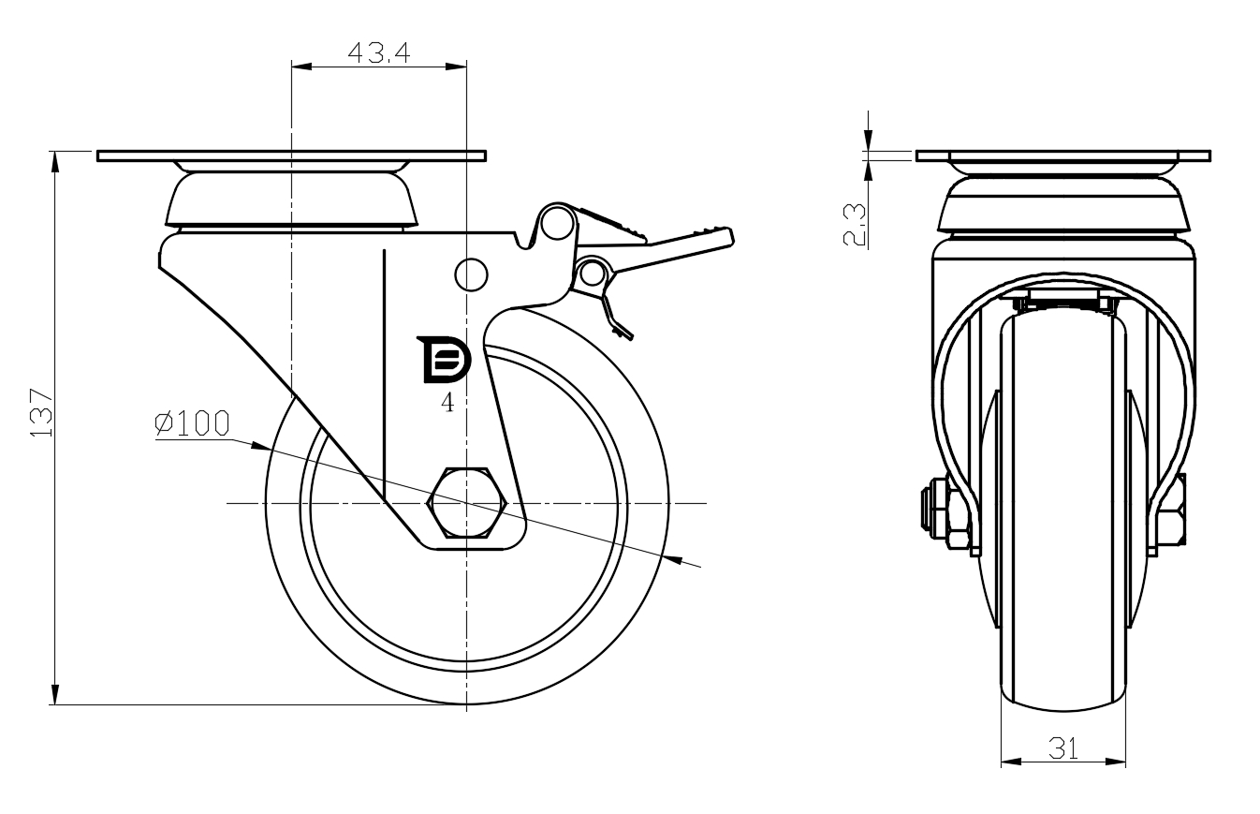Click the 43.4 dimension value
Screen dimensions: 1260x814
tap(378, 52)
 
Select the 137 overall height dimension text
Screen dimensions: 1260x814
tap(41, 413)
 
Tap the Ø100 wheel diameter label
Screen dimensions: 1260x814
tap(193, 423)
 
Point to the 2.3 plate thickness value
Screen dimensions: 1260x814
tap(855, 225)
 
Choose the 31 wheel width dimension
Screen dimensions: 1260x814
tap(1063, 748)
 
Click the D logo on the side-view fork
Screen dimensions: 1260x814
tap(444, 359)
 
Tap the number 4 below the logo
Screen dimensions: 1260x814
tap(447, 403)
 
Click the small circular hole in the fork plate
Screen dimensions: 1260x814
tap(472, 274)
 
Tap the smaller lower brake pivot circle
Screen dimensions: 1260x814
tap(592, 274)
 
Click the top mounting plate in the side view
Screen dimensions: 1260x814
tap(291, 155)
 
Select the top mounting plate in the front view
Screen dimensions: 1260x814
tap(1063, 155)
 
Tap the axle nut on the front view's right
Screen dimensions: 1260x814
tap(1170, 511)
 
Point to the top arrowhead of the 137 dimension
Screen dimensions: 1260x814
tap(55, 161)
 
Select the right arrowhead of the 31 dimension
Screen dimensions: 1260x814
tap(1116, 762)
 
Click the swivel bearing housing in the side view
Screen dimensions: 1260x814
tap(291, 200)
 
